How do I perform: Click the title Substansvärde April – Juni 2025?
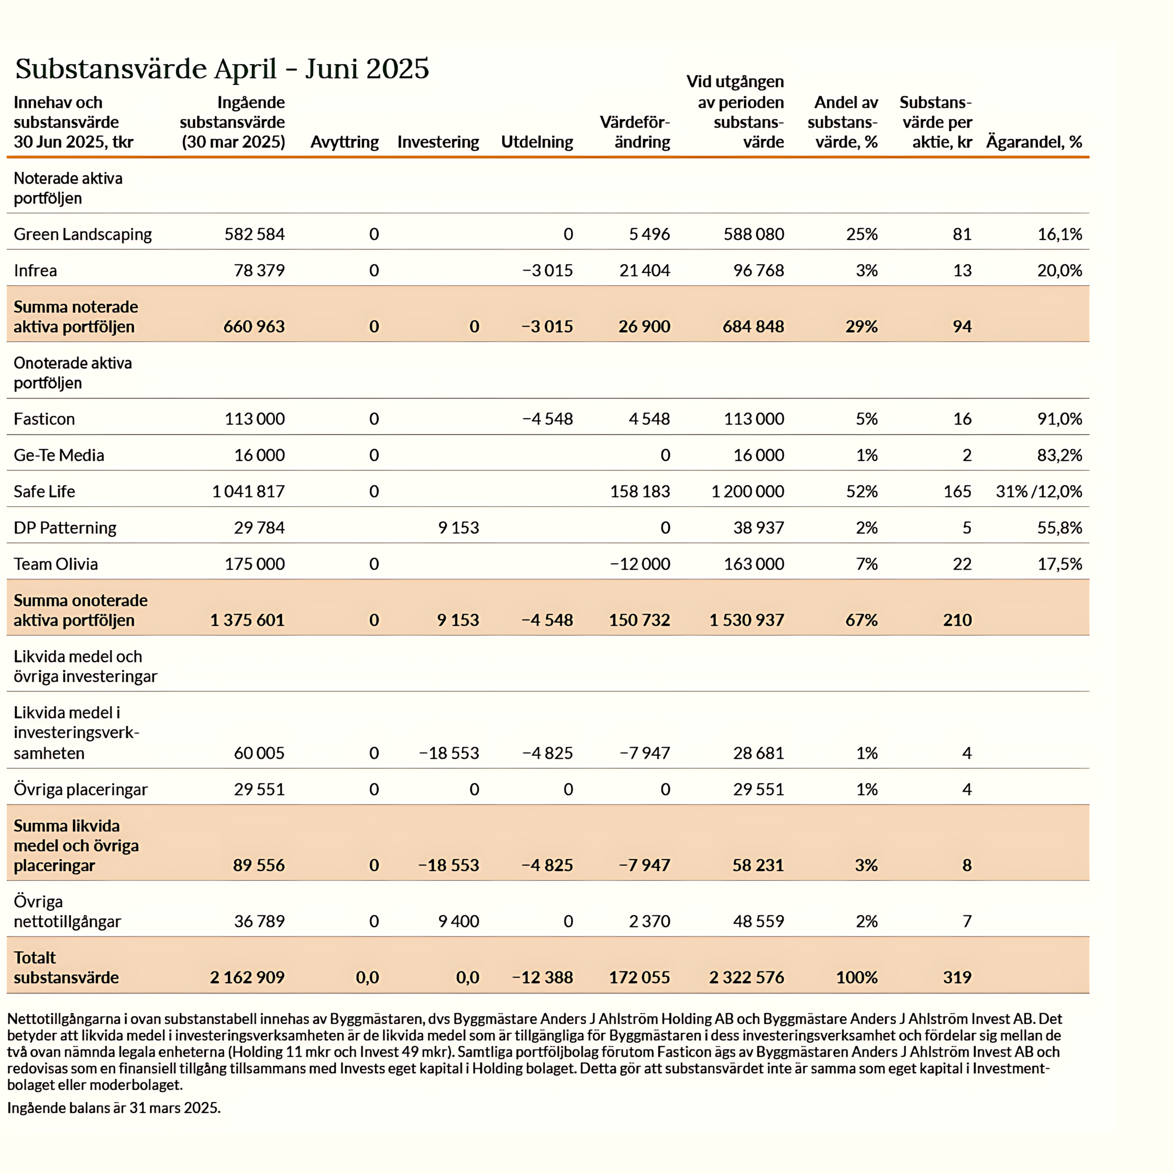point(222,69)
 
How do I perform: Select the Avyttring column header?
point(344,142)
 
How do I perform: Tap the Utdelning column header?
point(537,142)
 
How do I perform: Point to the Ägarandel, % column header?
point(1034,142)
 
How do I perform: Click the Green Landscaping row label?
point(83,234)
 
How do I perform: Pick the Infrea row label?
point(35,271)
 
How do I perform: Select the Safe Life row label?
point(44,492)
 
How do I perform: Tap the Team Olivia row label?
point(55,564)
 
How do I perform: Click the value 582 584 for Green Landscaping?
point(254,234)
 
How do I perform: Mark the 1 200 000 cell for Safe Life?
point(748,492)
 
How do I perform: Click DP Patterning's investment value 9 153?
point(458,527)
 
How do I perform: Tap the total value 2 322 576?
point(746,977)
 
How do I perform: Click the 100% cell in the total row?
point(856,977)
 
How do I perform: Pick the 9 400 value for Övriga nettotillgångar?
point(458,921)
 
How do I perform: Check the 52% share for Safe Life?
point(862,492)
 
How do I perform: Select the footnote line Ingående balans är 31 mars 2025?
point(114,1108)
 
